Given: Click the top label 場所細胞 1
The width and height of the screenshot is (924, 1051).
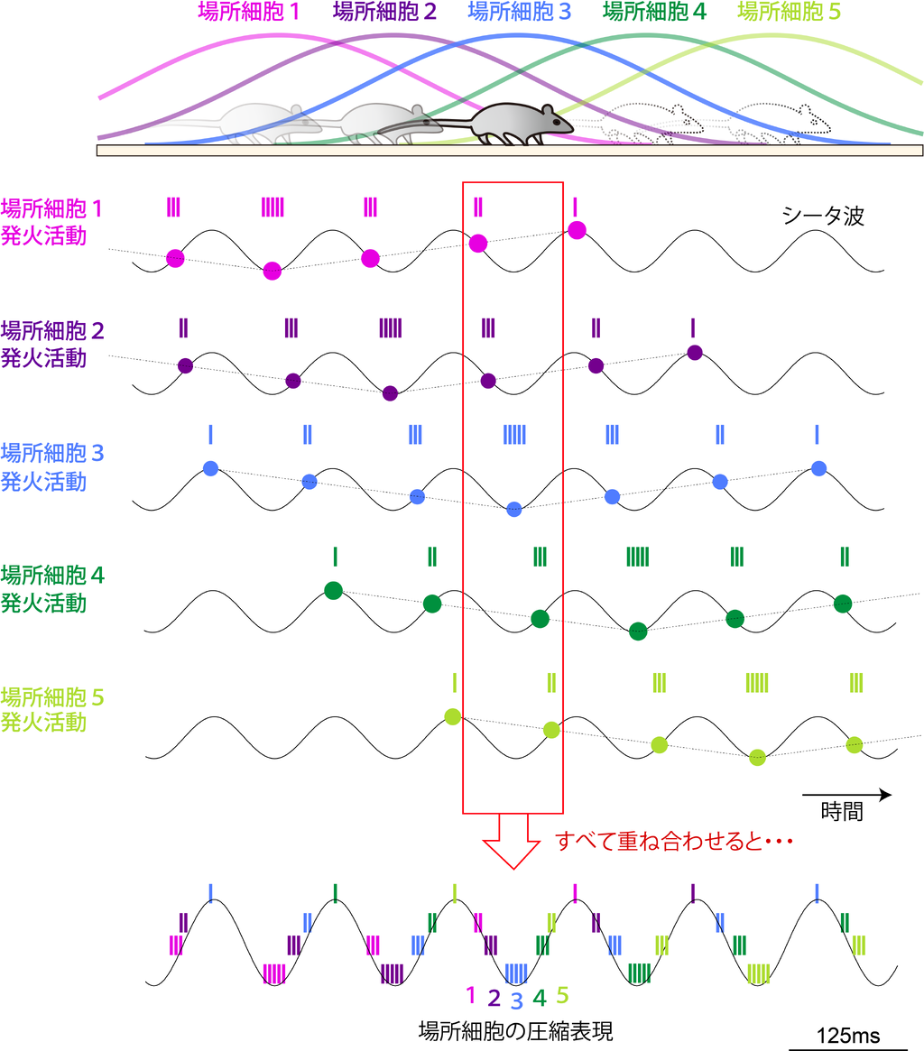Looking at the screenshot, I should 247,13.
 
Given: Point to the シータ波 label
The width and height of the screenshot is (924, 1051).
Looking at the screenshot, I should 822,217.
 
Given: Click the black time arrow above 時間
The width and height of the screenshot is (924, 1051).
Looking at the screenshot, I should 846,794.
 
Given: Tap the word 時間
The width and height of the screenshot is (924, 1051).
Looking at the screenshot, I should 842,811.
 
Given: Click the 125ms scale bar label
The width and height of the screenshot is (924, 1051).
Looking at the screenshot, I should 846,1036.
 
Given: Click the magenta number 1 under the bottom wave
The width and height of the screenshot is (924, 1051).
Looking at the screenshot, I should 469,994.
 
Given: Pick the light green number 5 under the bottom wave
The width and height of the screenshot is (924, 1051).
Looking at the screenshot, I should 562,994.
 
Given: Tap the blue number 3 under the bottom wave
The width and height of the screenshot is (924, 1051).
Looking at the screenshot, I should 516,1000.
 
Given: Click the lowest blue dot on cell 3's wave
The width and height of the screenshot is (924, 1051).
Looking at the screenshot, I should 514,508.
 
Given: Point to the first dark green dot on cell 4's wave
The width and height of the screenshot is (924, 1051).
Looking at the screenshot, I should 333,591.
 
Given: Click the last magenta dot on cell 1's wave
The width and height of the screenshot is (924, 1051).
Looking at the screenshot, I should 577,230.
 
